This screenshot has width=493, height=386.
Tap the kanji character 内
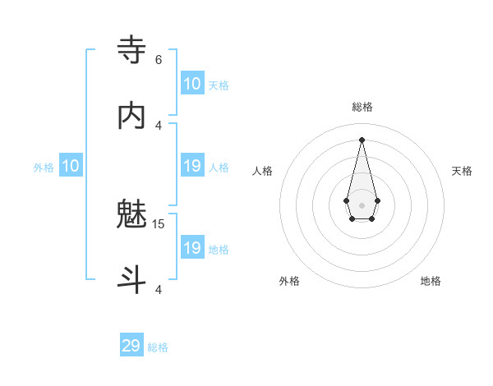pos(131,117)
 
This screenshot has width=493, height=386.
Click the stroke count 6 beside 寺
pos(159,59)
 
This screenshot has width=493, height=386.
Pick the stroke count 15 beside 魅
pos(159,223)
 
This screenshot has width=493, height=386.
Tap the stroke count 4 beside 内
pos(159,125)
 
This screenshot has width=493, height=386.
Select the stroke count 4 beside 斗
pos(159,289)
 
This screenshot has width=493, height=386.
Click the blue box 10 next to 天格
pos(192,84)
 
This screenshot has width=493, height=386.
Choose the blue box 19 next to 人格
pos(192,166)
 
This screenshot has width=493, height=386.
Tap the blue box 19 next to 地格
pos(192,248)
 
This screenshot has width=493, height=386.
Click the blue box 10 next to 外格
pos(70,166)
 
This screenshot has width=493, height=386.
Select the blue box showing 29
pos(131,346)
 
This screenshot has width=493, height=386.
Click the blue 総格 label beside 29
pos(158,347)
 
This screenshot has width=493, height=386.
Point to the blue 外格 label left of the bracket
pos(44,168)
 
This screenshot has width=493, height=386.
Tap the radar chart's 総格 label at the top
pos(362,107)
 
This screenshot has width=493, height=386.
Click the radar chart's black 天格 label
pos(463,171)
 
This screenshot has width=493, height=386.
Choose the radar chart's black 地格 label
pos(431,281)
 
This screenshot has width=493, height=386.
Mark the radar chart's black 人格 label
pos(262,171)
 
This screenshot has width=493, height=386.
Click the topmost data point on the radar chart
pos(362,139)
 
